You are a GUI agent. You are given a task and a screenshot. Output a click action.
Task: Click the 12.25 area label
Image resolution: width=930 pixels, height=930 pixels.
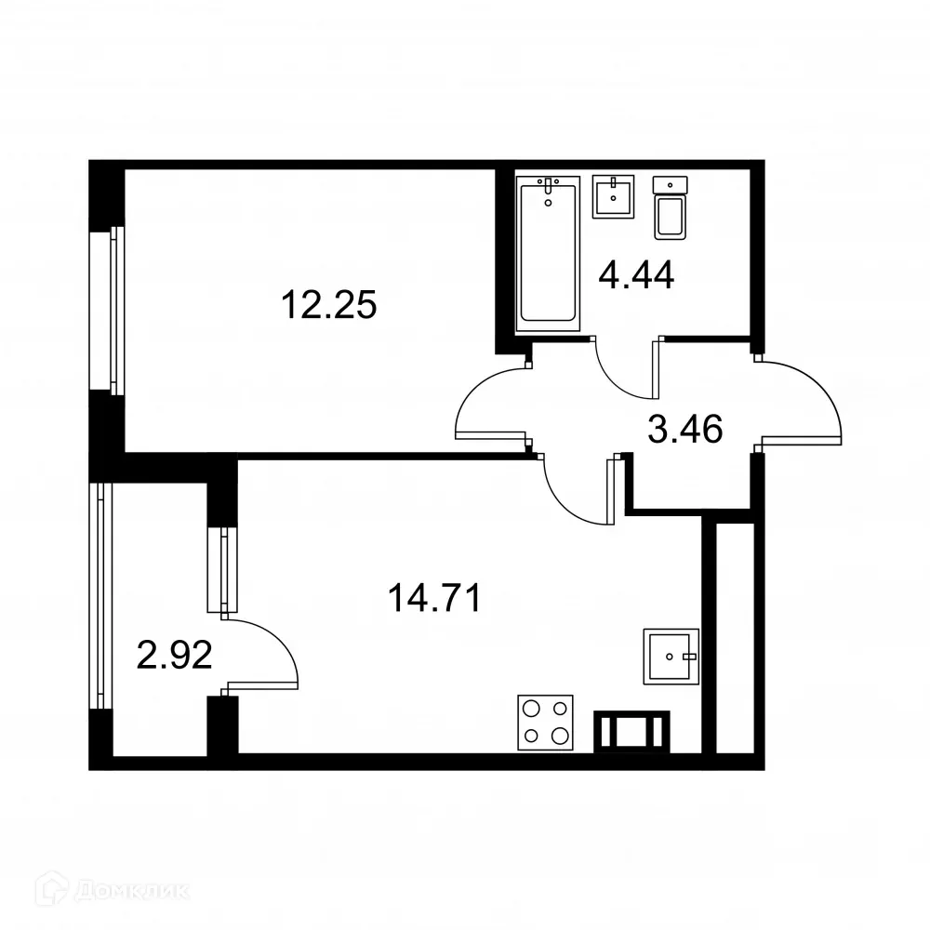pos(329,304)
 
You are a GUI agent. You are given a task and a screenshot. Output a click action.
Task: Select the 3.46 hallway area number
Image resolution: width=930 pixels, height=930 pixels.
pos(684,431)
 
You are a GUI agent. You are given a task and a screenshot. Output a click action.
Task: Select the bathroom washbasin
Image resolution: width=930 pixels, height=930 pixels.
pos(613,197)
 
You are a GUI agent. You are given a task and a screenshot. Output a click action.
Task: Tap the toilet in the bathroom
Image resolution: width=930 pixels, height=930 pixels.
pos(671,209)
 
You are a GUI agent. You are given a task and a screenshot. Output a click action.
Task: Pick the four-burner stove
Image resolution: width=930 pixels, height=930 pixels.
pos(545,723)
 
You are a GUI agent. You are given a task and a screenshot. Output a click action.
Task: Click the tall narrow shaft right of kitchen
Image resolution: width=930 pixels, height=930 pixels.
pos(735,637)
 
